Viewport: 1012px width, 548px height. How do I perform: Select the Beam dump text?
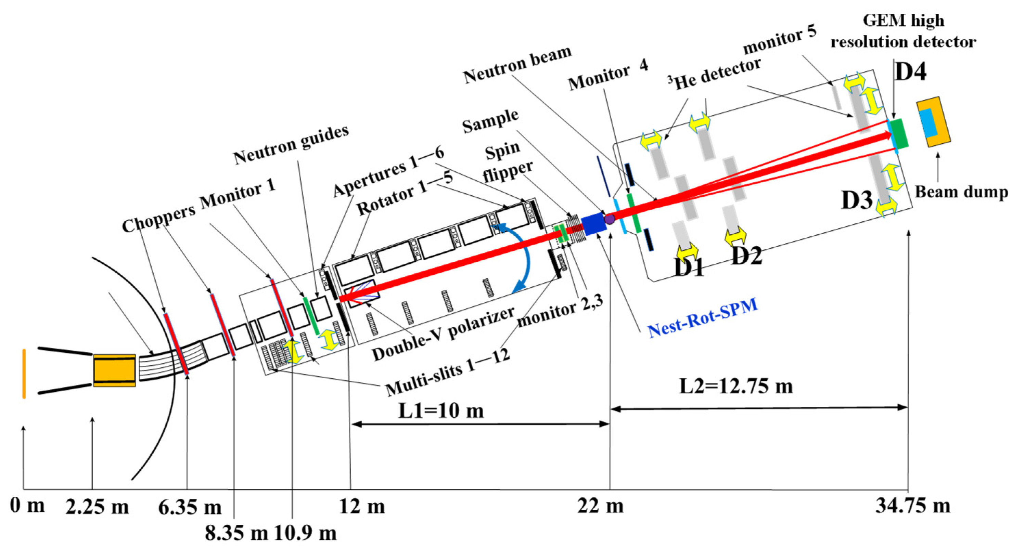(961, 192)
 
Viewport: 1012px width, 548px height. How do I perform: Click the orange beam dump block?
(933, 122)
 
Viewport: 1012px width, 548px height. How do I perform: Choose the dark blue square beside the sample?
(593, 224)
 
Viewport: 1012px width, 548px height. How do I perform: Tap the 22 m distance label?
(600, 506)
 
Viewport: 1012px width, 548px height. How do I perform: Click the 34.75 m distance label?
(913, 506)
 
